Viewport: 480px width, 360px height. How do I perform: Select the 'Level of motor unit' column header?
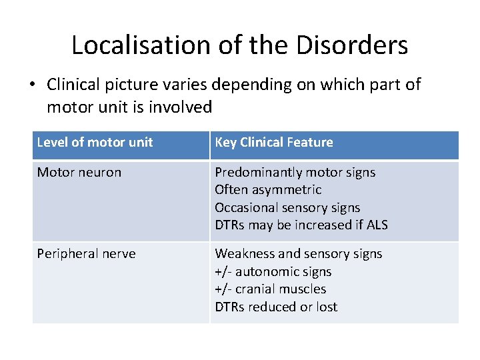click(95, 142)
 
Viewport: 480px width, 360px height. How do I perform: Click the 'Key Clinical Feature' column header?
click(273, 142)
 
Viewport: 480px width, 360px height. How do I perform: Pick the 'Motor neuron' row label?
click(79, 172)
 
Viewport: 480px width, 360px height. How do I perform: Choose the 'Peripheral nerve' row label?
click(86, 254)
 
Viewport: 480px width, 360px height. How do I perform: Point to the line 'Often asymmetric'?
click(268, 190)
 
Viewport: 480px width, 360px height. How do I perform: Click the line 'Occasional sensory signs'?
click(287, 207)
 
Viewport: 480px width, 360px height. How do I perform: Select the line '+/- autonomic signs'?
click(273, 271)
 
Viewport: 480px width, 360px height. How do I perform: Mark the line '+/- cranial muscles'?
click(270, 289)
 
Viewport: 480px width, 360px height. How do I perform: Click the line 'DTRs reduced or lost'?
click(276, 307)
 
